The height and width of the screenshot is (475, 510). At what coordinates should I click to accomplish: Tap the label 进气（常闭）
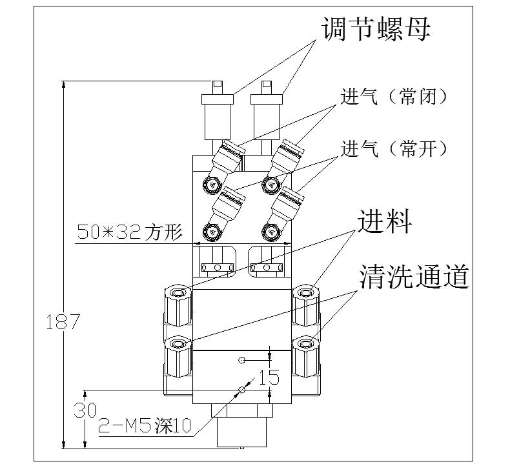[x=394, y=97]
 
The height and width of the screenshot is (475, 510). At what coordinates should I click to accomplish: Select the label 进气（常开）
[x=394, y=149]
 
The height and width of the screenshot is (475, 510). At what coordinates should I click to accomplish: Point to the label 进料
[x=384, y=223]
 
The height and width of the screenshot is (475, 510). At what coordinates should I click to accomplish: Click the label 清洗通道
[x=413, y=278]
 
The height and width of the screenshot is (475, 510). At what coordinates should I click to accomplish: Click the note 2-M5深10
[x=145, y=425]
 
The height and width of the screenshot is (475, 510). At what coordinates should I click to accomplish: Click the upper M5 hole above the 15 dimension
[x=241, y=359]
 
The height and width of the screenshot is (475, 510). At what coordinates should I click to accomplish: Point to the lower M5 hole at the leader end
[x=241, y=389]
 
